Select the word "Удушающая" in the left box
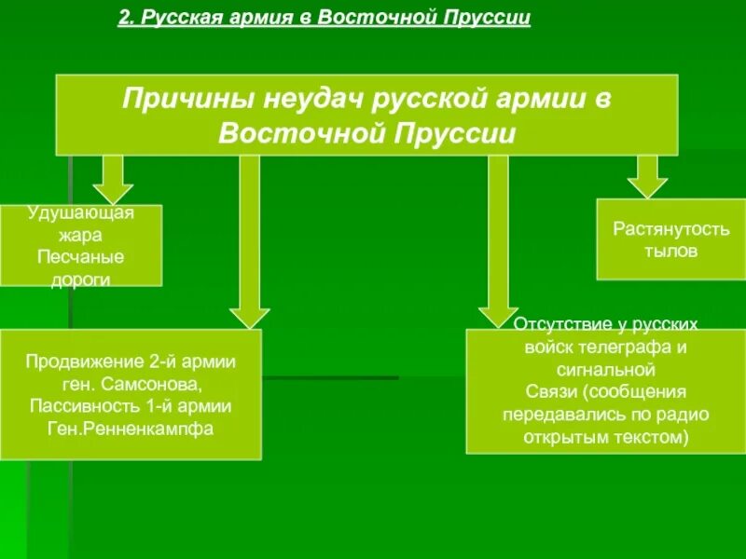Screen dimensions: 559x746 click(81, 213)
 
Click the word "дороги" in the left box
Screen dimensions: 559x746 click(81, 278)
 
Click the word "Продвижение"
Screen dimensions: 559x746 click(78, 361)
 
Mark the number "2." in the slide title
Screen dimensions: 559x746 click(128, 19)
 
